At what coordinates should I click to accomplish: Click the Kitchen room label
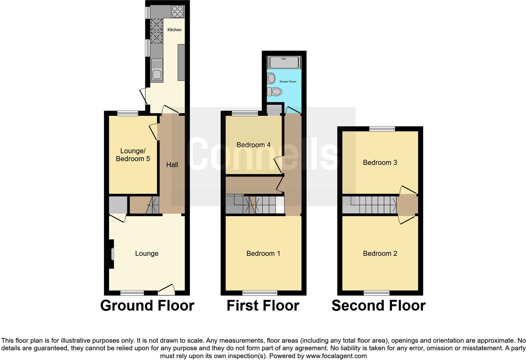tap(174, 30)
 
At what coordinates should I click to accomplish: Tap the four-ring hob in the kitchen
tap(177, 11)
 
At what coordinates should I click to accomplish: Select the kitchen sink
tap(156, 70)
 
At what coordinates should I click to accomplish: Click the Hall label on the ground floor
tap(172, 165)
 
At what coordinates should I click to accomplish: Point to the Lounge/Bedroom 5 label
tap(133, 155)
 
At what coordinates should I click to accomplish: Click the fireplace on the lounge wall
tap(111, 254)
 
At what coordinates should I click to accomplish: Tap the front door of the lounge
tap(167, 289)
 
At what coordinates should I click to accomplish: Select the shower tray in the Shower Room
tap(284, 62)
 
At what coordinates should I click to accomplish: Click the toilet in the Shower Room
tap(275, 92)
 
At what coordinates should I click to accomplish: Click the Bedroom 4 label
tap(253, 145)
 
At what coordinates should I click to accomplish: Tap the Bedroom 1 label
tap(263, 253)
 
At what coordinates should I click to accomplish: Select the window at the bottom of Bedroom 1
tap(260, 293)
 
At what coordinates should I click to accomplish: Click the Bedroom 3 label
tap(380, 162)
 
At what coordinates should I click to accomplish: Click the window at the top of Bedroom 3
tap(382, 128)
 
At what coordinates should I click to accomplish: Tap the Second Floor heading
tap(378, 306)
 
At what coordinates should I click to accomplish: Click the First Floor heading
tap(263, 306)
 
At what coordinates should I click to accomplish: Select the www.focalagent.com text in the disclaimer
tap(336, 356)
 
